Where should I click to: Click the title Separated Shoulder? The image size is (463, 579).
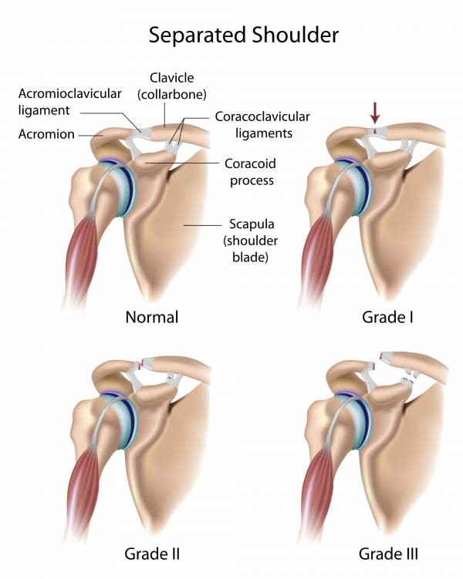pyautogui.click(x=244, y=35)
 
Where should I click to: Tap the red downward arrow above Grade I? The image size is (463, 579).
pyautogui.click(x=375, y=113)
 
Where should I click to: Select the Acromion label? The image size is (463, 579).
pyautogui.click(x=46, y=134)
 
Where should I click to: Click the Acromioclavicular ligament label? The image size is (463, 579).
pyautogui.click(x=70, y=102)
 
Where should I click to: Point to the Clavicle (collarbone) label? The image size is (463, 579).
pyautogui.click(x=172, y=86)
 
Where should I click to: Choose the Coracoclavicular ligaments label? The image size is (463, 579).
pyautogui.click(x=262, y=125)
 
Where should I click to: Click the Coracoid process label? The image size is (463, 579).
pyautogui.click(x=251, y=172)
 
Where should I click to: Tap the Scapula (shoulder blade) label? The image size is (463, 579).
pyautogui.click(x=251, y=241)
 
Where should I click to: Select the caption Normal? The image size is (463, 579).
pyautogui.click(x=152, y=317)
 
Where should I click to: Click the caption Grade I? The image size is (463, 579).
pyautogui.click(x=387, y=317)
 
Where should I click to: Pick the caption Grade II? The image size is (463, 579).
pyautogui.click(x=152, y=554)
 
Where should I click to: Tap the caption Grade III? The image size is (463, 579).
pyautogui.click(x=388, y=554)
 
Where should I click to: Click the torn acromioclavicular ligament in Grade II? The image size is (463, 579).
pyautogui.click(x=141, y=365)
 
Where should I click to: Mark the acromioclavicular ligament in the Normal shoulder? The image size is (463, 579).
pyautogui.click(x=141, y=133)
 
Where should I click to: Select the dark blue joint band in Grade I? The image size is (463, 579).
pyautogui.click(x=365, y=188)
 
